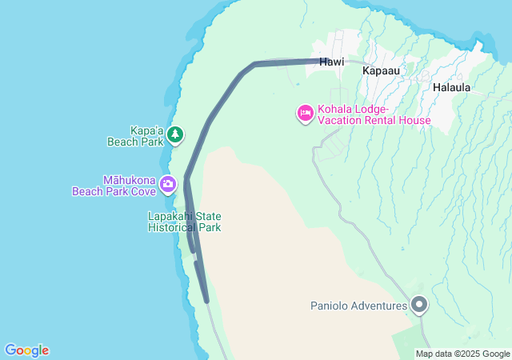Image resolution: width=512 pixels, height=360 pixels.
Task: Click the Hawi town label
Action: pos(331,62)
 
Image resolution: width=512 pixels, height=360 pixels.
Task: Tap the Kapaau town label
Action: pos(381,70)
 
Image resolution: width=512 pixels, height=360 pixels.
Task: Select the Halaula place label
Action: pos(451,86)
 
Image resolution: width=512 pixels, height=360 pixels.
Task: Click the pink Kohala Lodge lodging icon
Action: pos(305,114)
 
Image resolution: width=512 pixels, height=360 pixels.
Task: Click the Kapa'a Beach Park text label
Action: pos(134,136)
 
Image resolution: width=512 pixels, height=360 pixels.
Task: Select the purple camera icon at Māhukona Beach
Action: pos(167,185)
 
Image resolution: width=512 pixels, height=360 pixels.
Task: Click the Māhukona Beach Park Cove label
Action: pos(114,186)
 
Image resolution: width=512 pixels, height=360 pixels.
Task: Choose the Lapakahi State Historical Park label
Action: pos(184,222)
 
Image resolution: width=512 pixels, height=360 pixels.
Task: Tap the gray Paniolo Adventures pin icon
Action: pos(419,305)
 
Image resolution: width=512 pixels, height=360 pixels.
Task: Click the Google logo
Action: pos(26,350)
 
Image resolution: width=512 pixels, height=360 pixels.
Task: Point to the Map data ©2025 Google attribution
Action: pos(462,354)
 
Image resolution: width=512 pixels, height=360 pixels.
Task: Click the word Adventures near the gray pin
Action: pos(379,306)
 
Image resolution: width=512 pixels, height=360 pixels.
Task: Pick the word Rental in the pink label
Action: pos(386,120)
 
